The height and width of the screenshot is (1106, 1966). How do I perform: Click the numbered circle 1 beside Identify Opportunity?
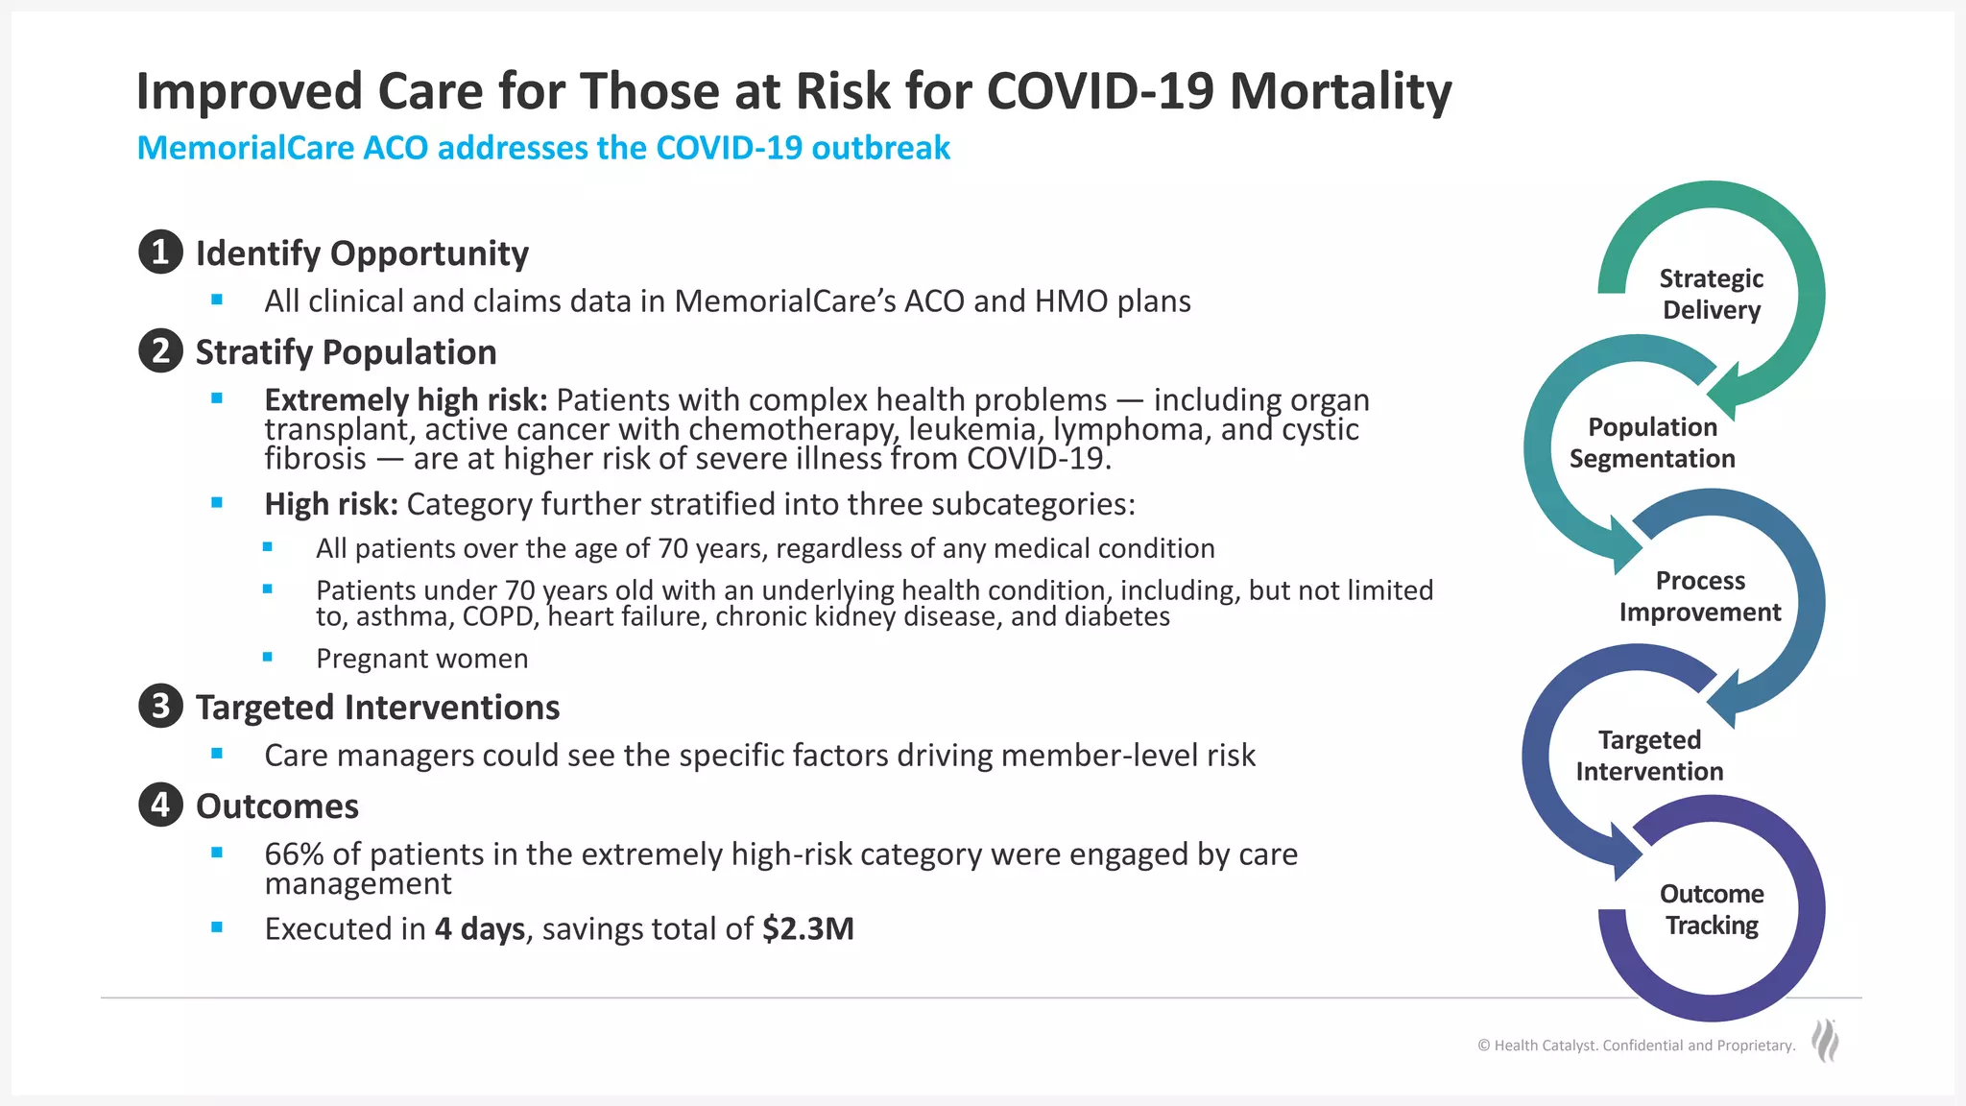(x=160, y=252)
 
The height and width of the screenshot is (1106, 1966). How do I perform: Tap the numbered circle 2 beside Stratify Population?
(x=160, y=351)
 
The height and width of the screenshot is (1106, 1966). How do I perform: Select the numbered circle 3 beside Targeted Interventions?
(x=160, y=707)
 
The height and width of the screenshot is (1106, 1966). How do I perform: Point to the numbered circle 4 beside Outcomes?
(x=160, y=805)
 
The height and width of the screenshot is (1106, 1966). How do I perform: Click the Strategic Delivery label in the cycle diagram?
(x=1711, y=294)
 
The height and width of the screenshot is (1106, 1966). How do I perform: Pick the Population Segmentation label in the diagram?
(x=1652, y=443)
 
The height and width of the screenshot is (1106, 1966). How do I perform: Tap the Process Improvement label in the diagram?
(x=1699, y=596)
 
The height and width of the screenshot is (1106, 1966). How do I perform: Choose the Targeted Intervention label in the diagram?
(x=1649, y=756)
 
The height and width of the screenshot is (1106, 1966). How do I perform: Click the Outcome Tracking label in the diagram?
(x=1712, y=909)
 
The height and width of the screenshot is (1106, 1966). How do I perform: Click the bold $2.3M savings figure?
(x=807, y=928)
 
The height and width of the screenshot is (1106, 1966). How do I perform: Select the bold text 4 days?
(x=479, y=928)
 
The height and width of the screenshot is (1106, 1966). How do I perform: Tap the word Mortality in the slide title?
(x=1340, y=92)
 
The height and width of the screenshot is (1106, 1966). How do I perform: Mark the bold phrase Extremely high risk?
(x=405, y=399)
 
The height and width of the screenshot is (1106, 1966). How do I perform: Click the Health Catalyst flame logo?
(x=1825, y=1041)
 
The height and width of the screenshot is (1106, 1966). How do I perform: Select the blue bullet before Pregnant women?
(x=268, y=658)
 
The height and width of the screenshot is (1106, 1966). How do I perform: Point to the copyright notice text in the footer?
(x=1636, y=1046)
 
